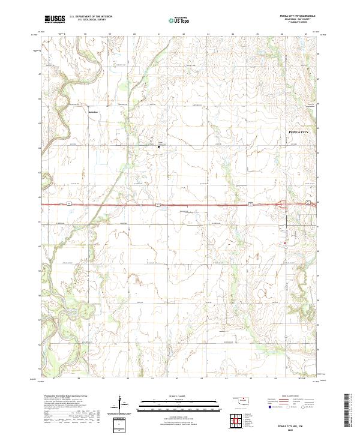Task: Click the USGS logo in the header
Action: click(53, 20)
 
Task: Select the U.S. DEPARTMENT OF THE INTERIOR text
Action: click(91, 17)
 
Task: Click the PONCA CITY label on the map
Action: click(298, 131)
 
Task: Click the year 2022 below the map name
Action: click(298, 427)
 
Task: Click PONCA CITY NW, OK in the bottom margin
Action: click(298, 422)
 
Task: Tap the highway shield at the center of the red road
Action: click(157, 204)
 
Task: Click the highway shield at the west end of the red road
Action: click(69, 204)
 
